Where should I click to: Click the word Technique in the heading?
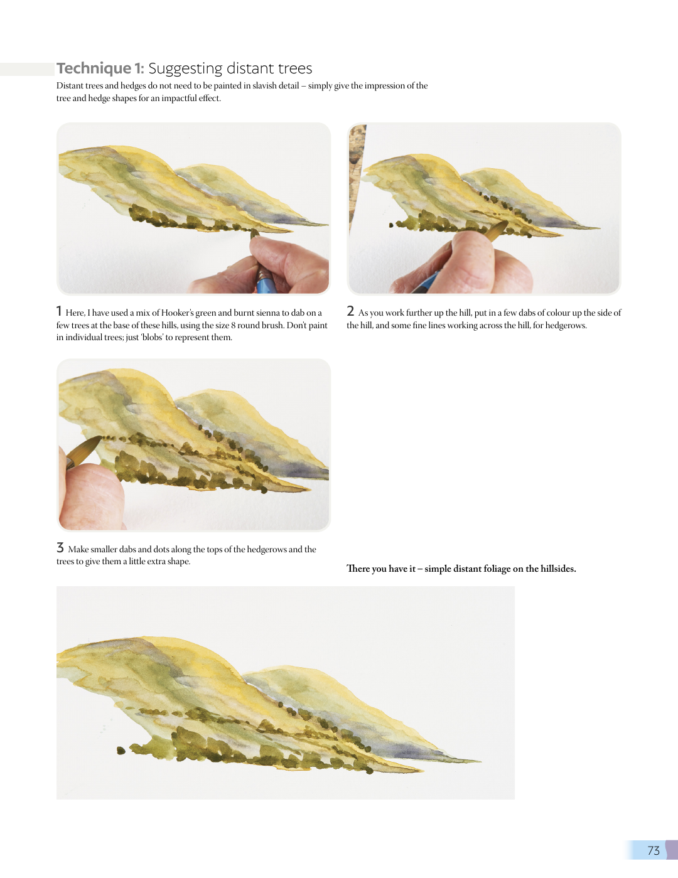click(x=94, y=68)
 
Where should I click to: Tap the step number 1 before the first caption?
click(x=59, y=311)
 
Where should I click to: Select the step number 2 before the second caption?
click(x=350, y=311)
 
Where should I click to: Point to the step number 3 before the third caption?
click(x=60, y=547)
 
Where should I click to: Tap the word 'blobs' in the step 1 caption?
click(x=151, y=338)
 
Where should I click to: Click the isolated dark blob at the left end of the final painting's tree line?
click(x=121, y=751)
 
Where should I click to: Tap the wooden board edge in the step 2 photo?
click(x=357, y=178)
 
